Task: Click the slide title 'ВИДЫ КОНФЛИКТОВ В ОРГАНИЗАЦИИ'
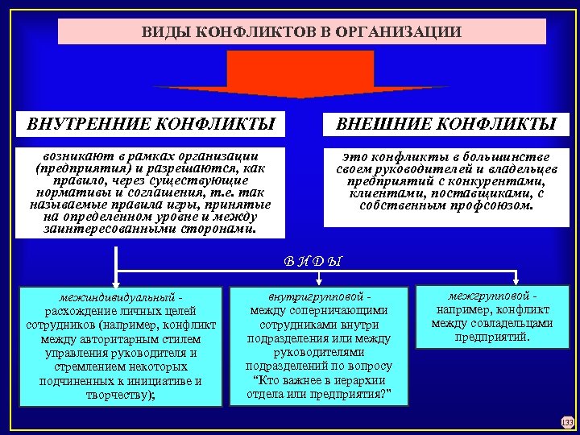[301, 32]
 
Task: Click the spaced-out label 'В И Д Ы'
[313, 261]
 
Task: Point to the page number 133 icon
[566, 421]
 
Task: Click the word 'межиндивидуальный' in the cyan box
[118, 296]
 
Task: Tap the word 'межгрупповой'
[486, 295]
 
